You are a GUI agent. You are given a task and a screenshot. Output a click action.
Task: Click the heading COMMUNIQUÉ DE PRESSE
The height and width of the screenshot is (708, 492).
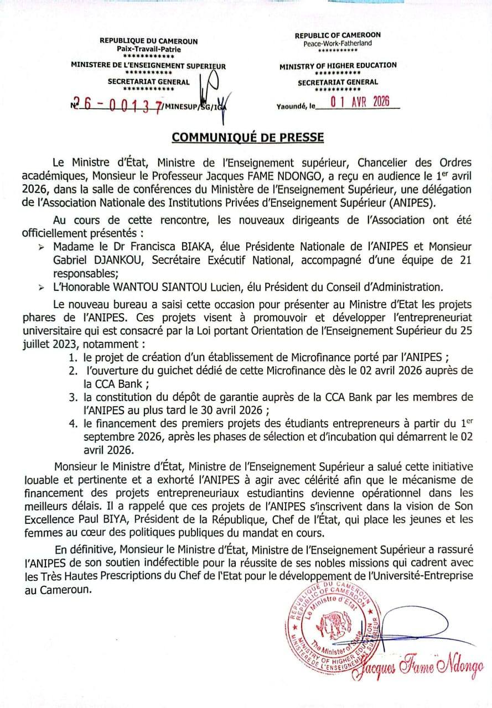[247, 136]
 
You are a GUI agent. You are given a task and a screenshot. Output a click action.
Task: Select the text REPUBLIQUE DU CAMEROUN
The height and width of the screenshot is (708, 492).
[148, 41]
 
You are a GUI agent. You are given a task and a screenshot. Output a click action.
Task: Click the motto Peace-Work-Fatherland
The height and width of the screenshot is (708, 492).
[338, 43]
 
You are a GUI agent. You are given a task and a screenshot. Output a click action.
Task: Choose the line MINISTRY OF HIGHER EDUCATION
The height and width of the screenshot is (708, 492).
[338, 65]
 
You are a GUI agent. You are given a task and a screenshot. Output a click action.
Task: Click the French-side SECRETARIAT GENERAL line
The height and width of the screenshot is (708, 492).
[148, 82]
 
